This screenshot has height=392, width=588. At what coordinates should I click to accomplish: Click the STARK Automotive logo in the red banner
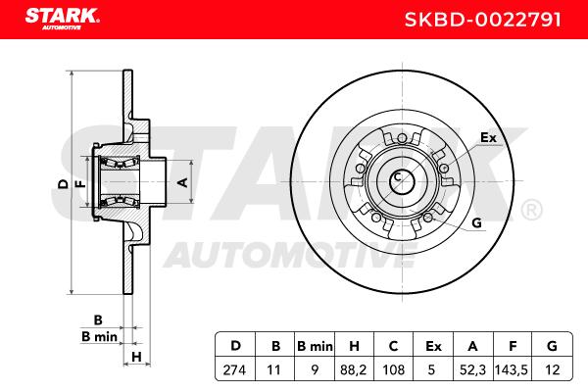click(x=63, y=19)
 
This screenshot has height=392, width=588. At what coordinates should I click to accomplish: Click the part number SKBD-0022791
click(x=482, y=20)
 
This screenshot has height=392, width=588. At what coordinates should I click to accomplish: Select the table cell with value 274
click(x=234, y=369)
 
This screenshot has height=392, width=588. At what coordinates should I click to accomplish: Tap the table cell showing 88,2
click(x=353, y=369)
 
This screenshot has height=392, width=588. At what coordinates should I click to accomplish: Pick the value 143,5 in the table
click(x=512, y=369)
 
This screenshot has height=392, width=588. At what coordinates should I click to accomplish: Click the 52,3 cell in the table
click(x=472, y=369)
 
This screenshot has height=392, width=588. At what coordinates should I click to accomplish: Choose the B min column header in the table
click(x=315, y=346)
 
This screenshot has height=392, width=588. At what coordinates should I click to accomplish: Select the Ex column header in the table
click(x=433, y=346)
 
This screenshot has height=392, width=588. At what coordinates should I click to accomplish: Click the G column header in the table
click(x=552, y=346)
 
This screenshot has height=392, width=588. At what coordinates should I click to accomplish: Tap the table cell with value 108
click(x=393, y=369)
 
